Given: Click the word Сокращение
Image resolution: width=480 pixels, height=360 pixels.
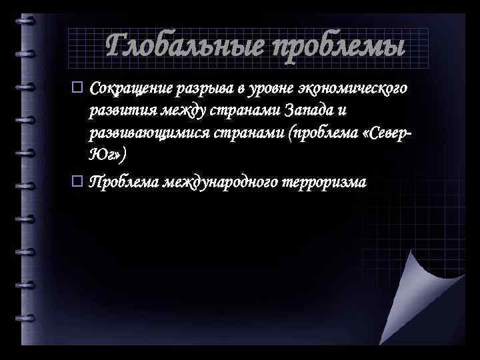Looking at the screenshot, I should coord(131,89).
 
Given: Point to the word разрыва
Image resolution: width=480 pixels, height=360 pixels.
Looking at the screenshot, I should coord(202,89).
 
